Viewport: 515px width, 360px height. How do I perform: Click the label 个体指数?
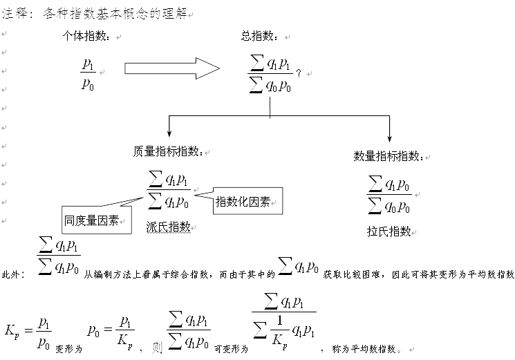coord(86,36)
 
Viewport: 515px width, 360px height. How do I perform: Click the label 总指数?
coord(259,36)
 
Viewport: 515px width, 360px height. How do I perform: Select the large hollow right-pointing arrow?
coord(171,68)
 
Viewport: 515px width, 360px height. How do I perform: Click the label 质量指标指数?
coord(168,151)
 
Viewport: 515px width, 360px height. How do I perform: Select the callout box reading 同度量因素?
coord(96,220)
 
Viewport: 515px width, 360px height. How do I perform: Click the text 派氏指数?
coord(168,226)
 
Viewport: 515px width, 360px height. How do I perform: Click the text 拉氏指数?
coord(389,231)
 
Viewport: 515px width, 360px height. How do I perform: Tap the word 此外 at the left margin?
coord(12,274)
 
